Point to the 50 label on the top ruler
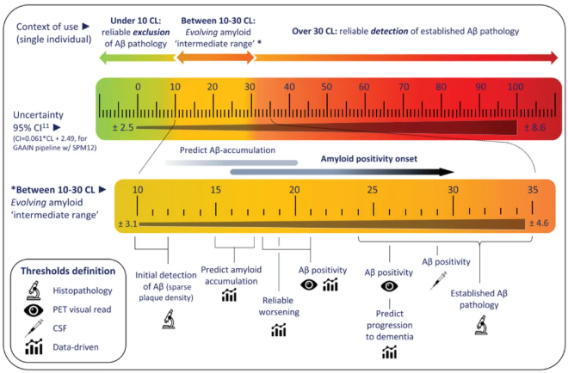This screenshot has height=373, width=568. pos(326,87)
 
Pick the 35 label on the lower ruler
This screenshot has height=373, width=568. pos(532,190)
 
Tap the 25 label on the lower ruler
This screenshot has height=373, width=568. pos(373,190)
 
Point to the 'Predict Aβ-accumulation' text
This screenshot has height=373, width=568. pos(227,148)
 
